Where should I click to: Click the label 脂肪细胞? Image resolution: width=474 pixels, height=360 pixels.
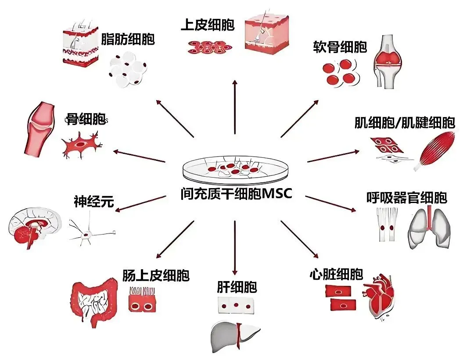128,39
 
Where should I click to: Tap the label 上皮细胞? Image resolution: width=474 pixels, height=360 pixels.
208,25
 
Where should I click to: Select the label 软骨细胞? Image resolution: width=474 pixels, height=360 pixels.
340,47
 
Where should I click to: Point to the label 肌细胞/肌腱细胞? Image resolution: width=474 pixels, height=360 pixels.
404,123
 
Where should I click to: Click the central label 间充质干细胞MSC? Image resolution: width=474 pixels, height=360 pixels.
236,193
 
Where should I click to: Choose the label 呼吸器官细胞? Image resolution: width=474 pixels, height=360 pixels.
406,198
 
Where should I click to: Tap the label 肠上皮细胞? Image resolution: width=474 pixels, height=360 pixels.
156,276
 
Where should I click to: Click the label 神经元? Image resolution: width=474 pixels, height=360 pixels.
93,202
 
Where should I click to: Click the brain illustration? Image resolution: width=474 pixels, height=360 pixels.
34,228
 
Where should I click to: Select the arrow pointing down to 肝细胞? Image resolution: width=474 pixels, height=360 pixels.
235,248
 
